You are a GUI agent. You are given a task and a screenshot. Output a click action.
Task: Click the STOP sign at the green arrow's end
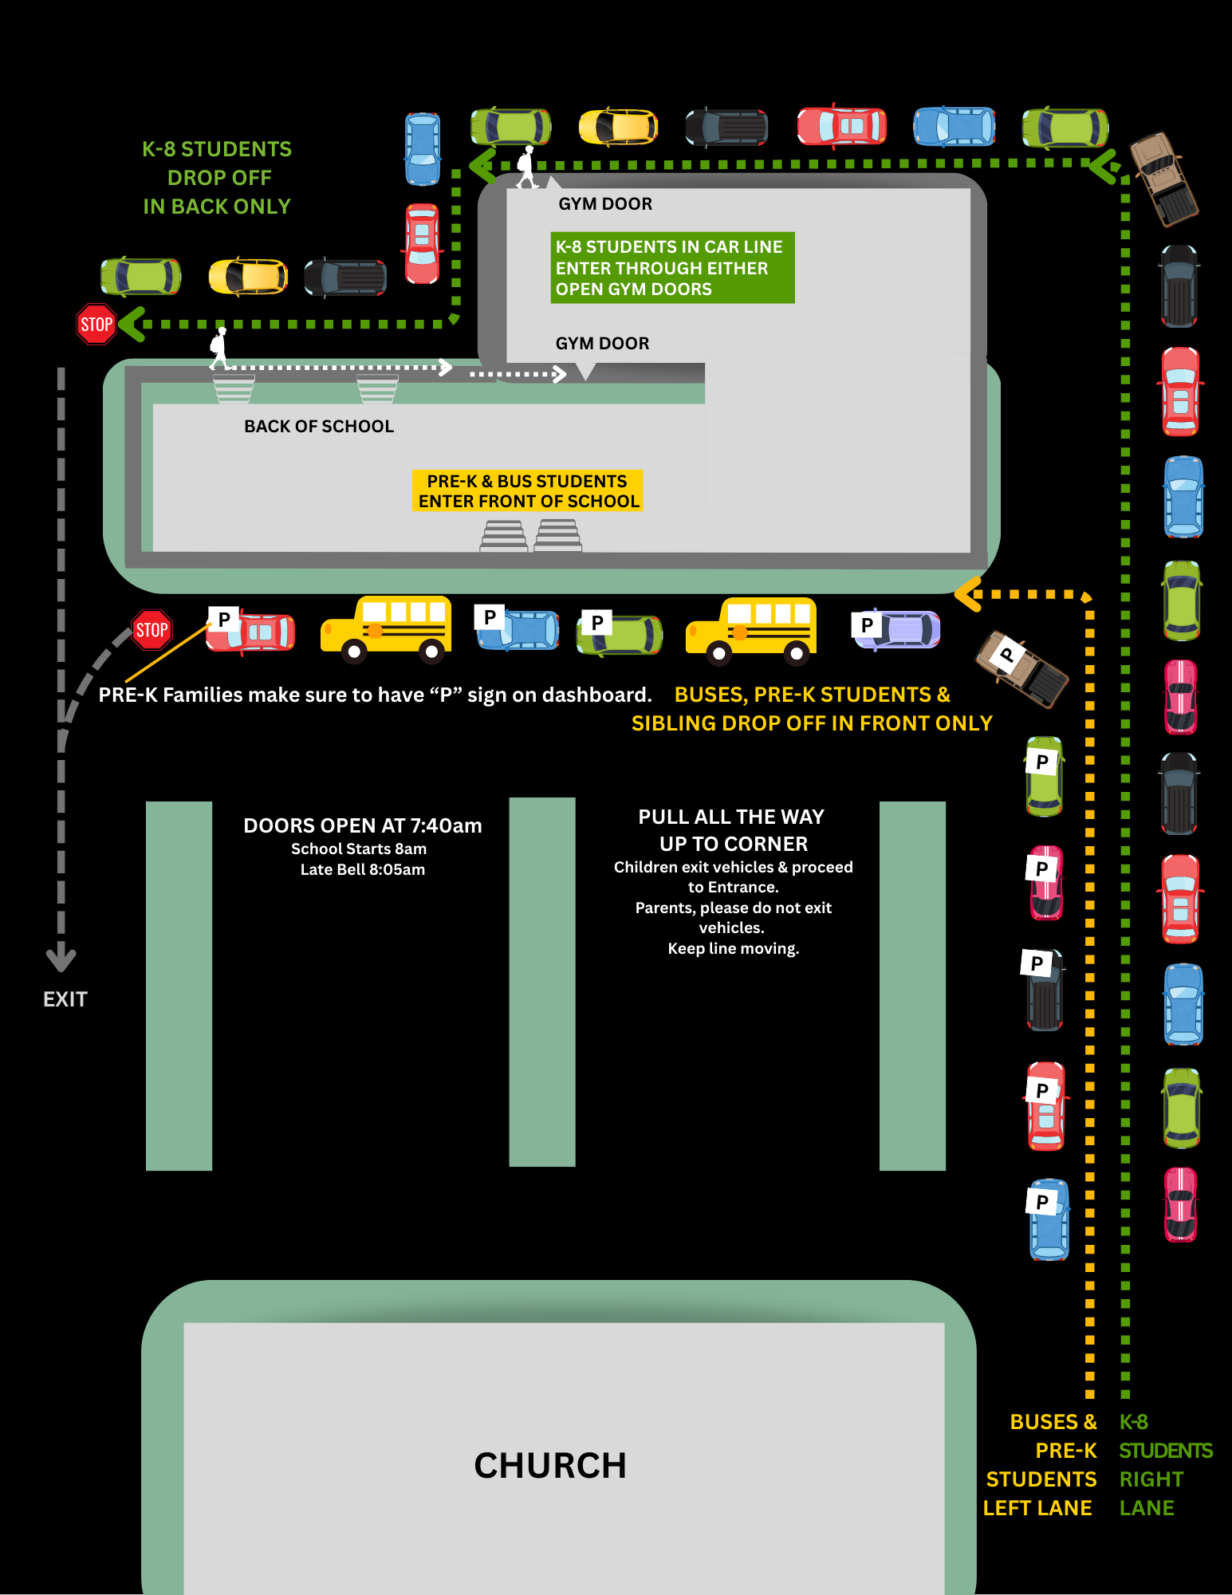point(96,324)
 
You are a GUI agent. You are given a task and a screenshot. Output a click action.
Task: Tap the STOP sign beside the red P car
point(152,630)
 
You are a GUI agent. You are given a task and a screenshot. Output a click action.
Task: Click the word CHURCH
point(550,1465)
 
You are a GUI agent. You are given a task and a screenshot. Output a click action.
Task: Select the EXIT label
point(65,999)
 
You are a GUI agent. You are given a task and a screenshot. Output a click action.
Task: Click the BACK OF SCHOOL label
point(319,427)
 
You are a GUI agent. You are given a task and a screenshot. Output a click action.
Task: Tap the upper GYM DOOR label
point(605,204)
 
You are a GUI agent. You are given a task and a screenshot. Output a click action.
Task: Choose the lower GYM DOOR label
point(602,344)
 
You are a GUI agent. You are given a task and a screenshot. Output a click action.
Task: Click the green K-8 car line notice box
point(672,268)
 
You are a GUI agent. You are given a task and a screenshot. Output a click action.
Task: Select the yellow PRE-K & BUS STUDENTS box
point(528,491)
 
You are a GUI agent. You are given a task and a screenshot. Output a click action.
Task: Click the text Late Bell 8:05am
point(363,869)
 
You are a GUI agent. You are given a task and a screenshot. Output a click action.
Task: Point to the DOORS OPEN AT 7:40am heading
point(363,825)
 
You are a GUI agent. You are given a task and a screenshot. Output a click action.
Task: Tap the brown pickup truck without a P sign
point(1164,179)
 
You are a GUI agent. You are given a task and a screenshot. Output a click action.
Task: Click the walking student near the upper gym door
point(526,167)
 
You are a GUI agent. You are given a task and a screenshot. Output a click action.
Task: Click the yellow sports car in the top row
point(618,127)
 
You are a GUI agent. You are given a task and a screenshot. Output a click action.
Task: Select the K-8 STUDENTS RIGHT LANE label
point(1164,1465)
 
